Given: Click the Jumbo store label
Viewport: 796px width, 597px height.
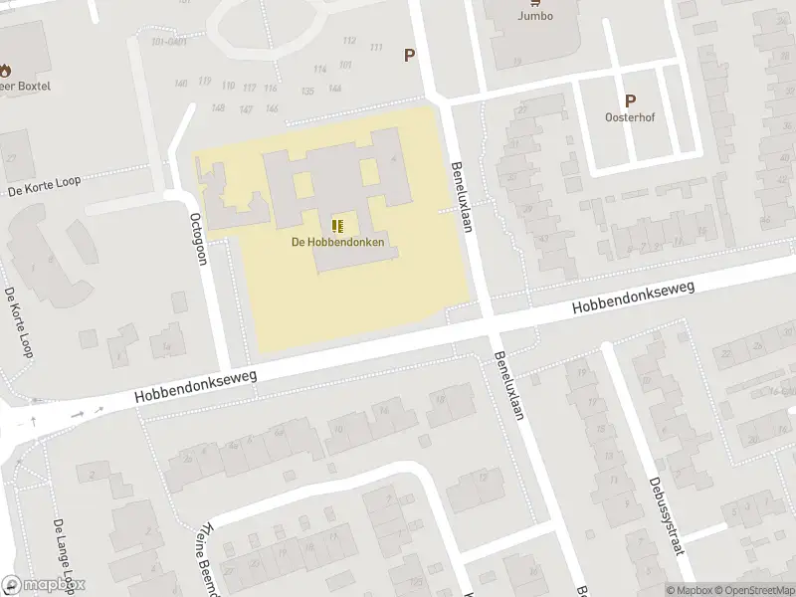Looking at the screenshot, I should (x=535, y=16).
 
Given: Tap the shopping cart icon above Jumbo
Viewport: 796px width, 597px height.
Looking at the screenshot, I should (x=535, y=3).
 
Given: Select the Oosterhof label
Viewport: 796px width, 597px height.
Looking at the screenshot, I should (x=629, y=116).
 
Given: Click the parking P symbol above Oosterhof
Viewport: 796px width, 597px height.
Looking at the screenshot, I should (x=629, y=100).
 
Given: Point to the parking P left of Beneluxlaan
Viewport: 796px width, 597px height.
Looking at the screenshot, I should (x=409, y=56).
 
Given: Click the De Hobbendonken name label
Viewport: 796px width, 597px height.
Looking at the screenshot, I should (x=338, y=242).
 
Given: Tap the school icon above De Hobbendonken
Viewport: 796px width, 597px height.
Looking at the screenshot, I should (x=338, y=225).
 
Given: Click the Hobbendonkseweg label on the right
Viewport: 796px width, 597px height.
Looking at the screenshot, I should (x=633, y=298).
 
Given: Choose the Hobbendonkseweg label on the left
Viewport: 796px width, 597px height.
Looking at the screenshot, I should (x=197, y=386).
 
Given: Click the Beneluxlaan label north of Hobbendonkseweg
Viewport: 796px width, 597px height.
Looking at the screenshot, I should (x=460, y=197).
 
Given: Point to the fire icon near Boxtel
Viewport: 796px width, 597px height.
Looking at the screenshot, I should (x=5, y=70).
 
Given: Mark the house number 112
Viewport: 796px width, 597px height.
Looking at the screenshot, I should (x=348, y=40).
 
